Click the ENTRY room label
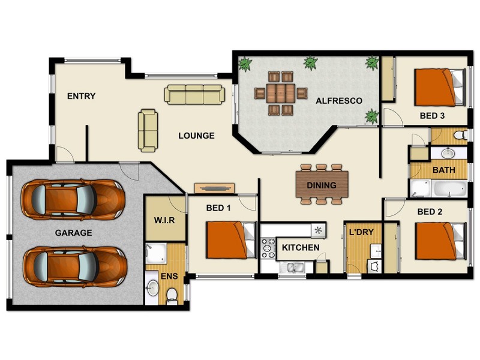tap(81, 96)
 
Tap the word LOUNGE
tap(196, 136)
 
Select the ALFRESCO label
tap(339, 101)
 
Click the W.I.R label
tap(164, 220)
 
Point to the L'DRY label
tap(362, 232)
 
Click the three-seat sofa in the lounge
tap(194, 94)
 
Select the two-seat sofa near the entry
tap(148, 130)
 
